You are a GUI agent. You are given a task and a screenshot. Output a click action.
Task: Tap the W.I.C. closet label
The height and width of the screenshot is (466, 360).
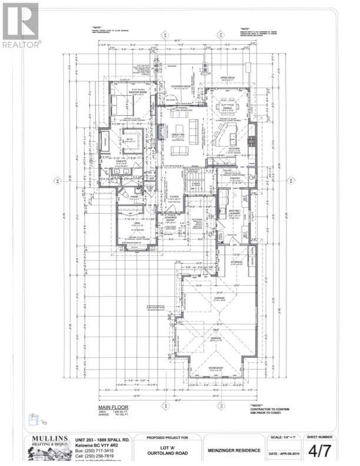(129, 139)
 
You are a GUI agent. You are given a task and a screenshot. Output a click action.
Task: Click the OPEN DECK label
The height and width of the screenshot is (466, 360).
(228, 77)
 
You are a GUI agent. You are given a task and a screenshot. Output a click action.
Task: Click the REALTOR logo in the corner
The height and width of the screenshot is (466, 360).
(21, 26)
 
